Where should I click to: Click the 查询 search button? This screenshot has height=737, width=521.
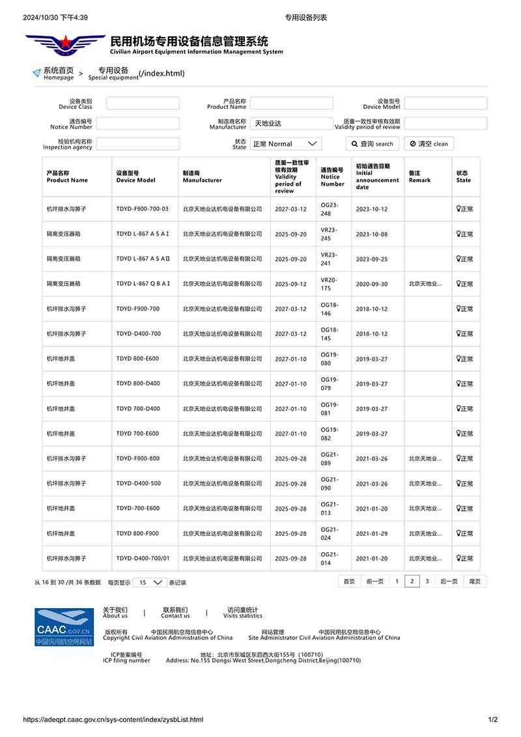[x=372, y=144]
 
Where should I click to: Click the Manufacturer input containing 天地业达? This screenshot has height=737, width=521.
[x=291, y=123]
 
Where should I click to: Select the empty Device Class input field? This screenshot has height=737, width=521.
[x=143, y=104]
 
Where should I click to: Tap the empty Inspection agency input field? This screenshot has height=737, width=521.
[x=143, y=144]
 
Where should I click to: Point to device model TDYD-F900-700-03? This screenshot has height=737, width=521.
[x=142, y=209]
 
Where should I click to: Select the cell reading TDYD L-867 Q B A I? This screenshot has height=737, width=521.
[x=143, y=284]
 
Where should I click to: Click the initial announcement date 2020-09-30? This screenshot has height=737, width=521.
[x=371, y=284]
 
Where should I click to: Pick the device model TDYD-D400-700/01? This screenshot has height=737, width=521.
[x=143, y=559]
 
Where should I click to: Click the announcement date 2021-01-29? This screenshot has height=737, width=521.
[x=371, y=534]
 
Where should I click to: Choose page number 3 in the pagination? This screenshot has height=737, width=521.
[x=427, y=581]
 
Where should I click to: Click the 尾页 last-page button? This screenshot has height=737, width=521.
[x=475, y=581]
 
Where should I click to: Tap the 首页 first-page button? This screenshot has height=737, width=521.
[x=349, y=581]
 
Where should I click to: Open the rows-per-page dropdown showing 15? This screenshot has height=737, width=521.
[x=150, y=583]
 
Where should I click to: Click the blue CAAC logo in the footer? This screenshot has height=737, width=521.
[x=64, y=628]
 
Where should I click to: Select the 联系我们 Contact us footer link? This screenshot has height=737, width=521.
[x=175, y=613]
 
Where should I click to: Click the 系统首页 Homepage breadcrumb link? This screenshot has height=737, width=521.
[x=58, y=73]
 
